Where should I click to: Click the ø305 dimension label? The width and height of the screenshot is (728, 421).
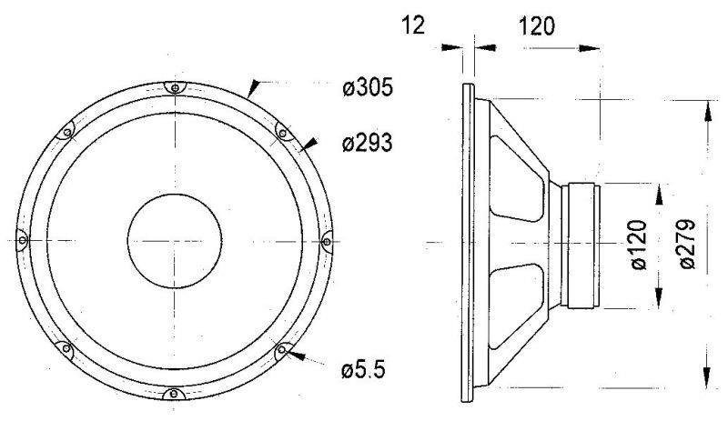[368, 86]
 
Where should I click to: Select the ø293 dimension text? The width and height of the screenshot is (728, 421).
[368, 143]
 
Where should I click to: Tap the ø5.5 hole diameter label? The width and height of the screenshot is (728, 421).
[363, 370]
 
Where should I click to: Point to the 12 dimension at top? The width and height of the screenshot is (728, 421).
[413, 25]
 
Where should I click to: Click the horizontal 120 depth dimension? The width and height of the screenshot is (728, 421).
[536, 26]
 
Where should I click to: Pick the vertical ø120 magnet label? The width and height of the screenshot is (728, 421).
[639, 245]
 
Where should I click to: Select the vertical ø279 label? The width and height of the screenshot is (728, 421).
[687, 245]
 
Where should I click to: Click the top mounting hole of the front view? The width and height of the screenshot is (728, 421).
[175, 87]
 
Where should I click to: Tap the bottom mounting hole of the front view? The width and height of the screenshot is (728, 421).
[174, 394]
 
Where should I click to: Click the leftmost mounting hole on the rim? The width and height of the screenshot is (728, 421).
[22, 240]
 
